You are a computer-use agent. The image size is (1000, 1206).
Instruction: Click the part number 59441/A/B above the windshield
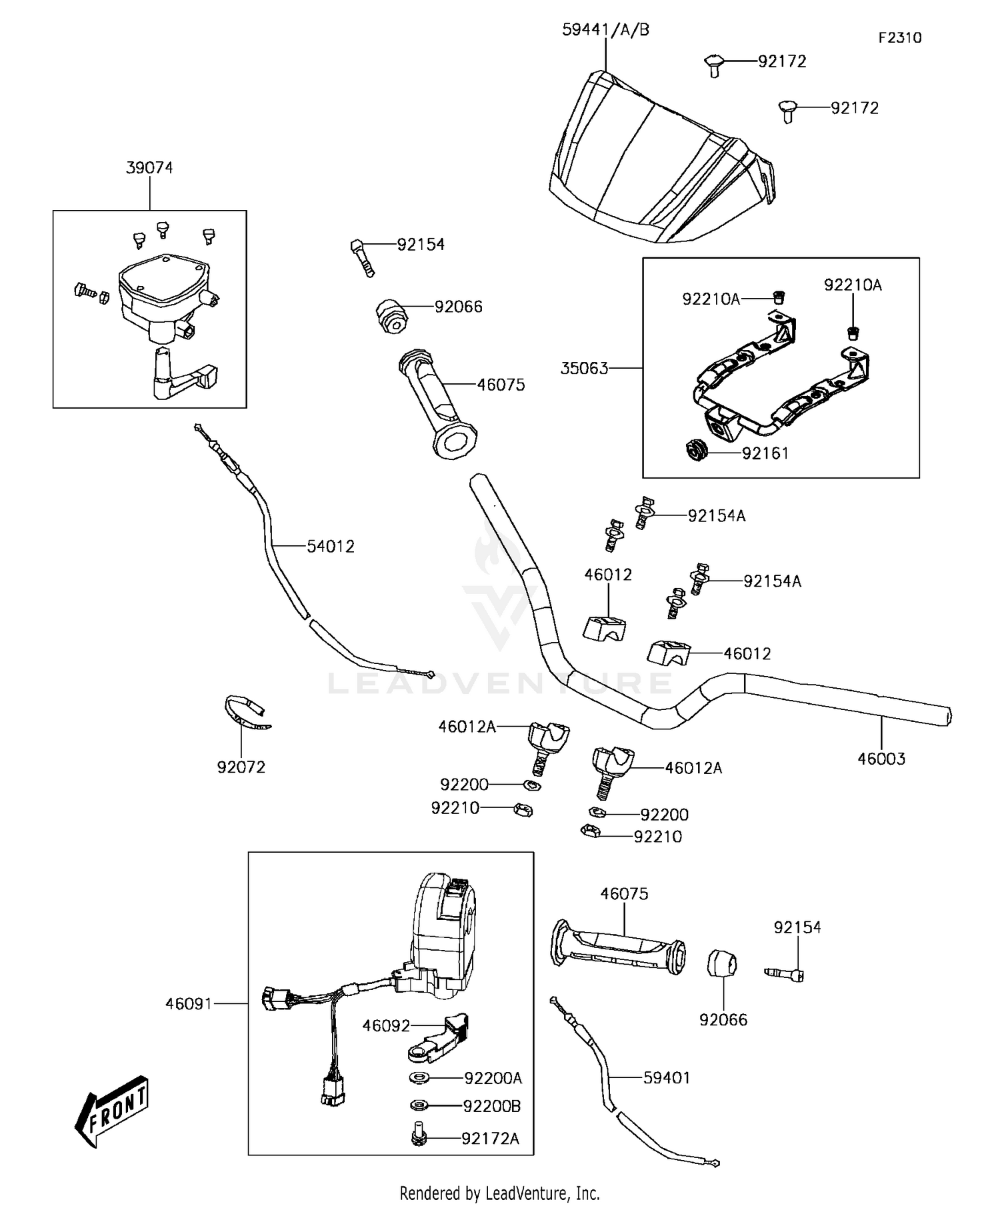click(x=605, y=30)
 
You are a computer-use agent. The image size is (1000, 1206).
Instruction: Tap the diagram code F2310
click(x=899, y=38)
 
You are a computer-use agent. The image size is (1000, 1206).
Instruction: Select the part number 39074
click(x=149, y=168)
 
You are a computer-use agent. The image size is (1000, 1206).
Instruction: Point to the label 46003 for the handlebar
click(x=881, y=759)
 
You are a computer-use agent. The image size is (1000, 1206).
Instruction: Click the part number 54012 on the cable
click(x=331, y=547)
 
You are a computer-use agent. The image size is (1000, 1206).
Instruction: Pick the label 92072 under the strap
click(x=241, y=767)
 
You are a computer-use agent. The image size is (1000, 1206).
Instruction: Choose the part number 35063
click(x=584, y=369)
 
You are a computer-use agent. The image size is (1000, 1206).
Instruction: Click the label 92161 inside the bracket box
click(x=765, y=454)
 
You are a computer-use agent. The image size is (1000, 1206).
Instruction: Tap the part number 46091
click(x=189, y=1003)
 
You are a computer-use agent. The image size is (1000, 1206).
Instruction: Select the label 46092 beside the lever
click(x=386, y=1026)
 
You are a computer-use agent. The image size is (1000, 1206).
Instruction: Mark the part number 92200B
click(x=492, y=1106)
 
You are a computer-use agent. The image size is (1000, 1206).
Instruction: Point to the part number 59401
click(x=667, y=1078)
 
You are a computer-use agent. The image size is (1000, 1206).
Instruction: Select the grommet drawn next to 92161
click(x=697, y=451)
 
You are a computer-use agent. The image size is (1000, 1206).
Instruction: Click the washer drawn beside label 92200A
click(x=419, y=1077)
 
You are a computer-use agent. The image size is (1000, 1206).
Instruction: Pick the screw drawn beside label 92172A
click(x=419, y=1136)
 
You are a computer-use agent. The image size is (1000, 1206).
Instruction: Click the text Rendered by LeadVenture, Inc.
click(x=499, y=1193)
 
